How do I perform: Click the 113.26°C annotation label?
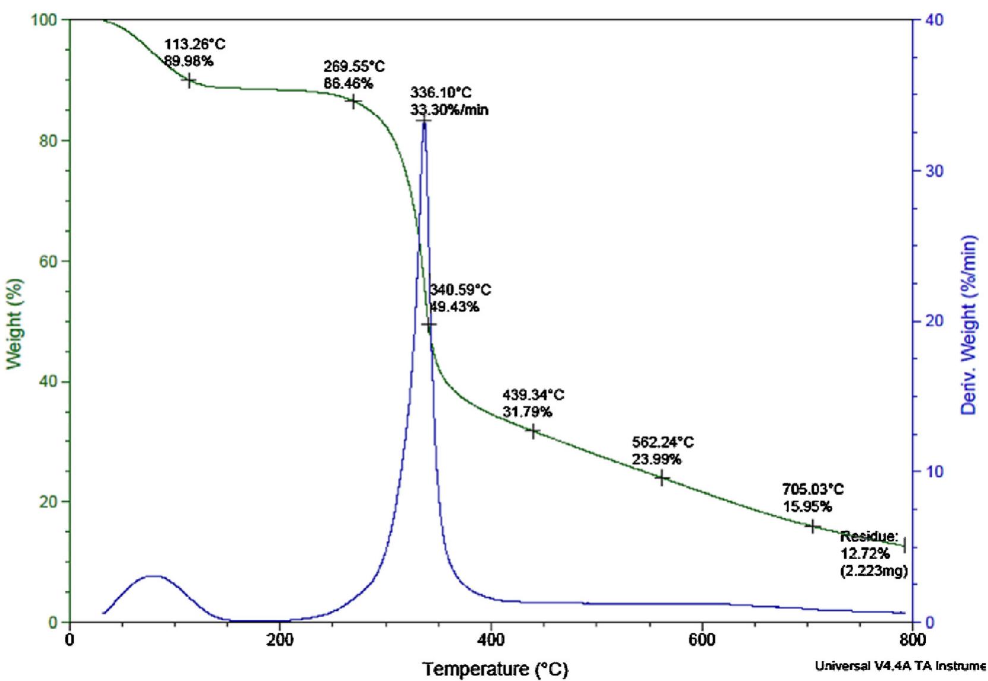pos(194,45)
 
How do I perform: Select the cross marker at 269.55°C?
pos(353,102)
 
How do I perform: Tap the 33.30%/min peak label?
pos(449,110)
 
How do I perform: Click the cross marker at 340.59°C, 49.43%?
pos(429,324)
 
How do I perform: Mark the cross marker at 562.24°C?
pos(661,477)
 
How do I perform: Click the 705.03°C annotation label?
pos(813,490)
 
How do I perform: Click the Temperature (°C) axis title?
pos(495,669)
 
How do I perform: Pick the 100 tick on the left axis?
pos(45,20)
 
